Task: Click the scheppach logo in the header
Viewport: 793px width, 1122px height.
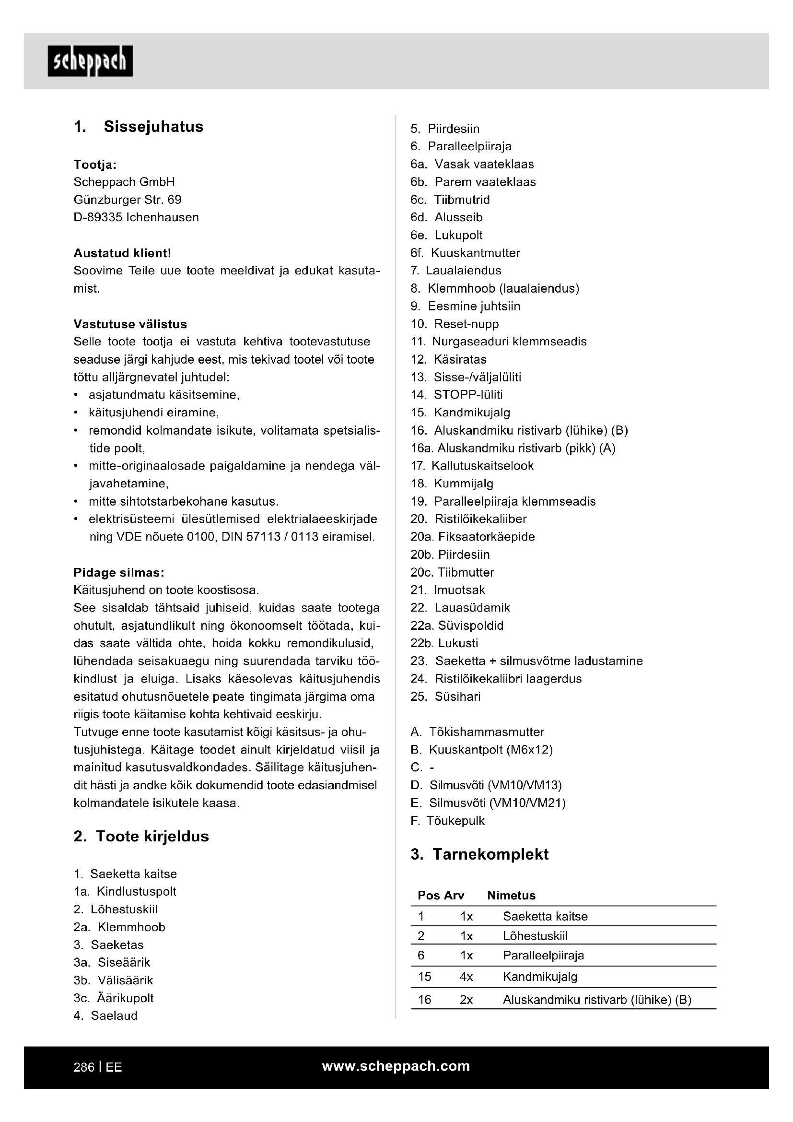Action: (90, 61)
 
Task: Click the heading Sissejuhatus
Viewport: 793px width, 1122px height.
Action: (153, 127)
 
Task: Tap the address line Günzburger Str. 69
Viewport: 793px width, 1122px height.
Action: (128, 200)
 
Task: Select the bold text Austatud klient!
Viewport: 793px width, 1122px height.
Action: (122, 253)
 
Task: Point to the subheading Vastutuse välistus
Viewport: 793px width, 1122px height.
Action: (130, 324)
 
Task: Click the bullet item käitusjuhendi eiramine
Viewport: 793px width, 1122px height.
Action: (153, 413)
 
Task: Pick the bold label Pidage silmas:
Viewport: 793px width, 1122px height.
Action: (118, 572)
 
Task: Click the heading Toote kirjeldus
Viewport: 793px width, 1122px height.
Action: (152, 836)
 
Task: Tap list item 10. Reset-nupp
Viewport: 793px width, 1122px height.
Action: (455, 324)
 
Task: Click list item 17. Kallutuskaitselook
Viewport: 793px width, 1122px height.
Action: (472, 466)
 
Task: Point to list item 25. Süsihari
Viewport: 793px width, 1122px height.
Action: (445, 697)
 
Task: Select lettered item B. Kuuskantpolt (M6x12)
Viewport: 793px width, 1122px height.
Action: (481, 750)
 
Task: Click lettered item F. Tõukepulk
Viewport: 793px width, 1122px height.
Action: (448, 820)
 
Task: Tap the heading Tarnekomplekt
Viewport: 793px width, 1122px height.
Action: (490, 854)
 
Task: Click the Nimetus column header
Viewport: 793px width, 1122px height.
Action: (511, 895)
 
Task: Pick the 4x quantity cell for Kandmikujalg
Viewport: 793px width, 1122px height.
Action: (466, 977)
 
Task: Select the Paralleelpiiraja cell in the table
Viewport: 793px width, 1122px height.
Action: (543, 956)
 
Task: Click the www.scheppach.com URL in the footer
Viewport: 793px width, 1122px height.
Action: (396, 1066)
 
